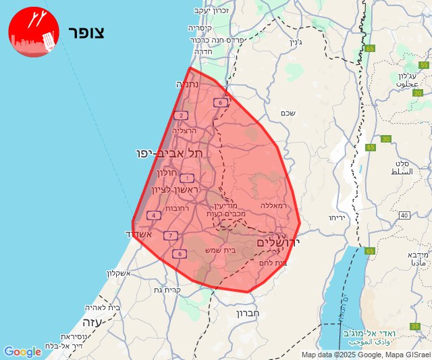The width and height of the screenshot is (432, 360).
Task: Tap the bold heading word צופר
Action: click(x=86, y=33)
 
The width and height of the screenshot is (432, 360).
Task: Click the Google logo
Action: click(x=22, y=352)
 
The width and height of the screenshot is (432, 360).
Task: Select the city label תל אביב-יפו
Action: click(x=169, y=154)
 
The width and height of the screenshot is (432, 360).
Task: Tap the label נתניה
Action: click(x=187, y=85)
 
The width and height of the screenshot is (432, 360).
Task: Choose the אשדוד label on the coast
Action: click(x=140, y=234)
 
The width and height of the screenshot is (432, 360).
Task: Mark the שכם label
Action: click(x=288, y=113)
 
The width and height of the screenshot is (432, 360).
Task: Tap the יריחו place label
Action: click(x=337, y=218)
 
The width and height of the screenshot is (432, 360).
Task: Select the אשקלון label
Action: click(x=122, y=273)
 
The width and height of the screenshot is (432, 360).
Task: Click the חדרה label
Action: click(x=203, y=51)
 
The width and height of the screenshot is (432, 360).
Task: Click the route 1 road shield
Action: click(x=187, y=178)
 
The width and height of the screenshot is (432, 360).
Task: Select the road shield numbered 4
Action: click(x=154, y=215)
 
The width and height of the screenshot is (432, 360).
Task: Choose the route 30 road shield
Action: click(x=385, y=139)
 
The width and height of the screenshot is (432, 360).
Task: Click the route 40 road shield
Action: click(x=404, y=215)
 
